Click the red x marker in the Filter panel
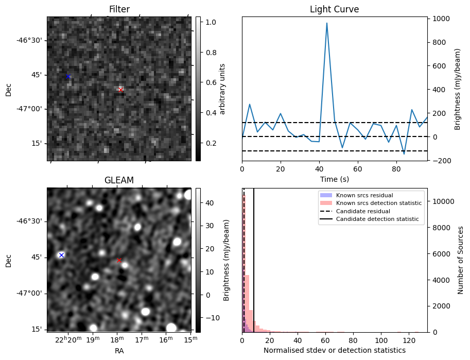(x=120, y=90)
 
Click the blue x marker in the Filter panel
(x=68, y=76)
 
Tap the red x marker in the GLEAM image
(x=119, y=260)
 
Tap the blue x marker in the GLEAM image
(x=61, y=255)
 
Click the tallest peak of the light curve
(x=326, y=23)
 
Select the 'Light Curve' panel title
(x=334, y=9)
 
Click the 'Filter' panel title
(x=119, y=9)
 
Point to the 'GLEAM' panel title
(x=119, y=180)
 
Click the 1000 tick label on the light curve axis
(x=442, y=19)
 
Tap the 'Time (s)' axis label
(x=334, y=179)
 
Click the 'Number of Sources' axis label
(x=461, y=260)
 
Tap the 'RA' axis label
(x=119, y=351)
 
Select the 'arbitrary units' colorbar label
(x=222, y=89)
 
